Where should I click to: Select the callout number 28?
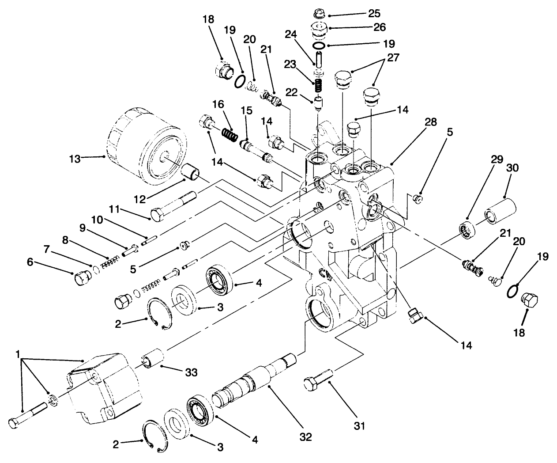pyautogui.click(x=431, y=122)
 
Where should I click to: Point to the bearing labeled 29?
pyautogui.click(x=467, y=228)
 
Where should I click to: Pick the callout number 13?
pyautogui.click(x=75, y=159)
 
